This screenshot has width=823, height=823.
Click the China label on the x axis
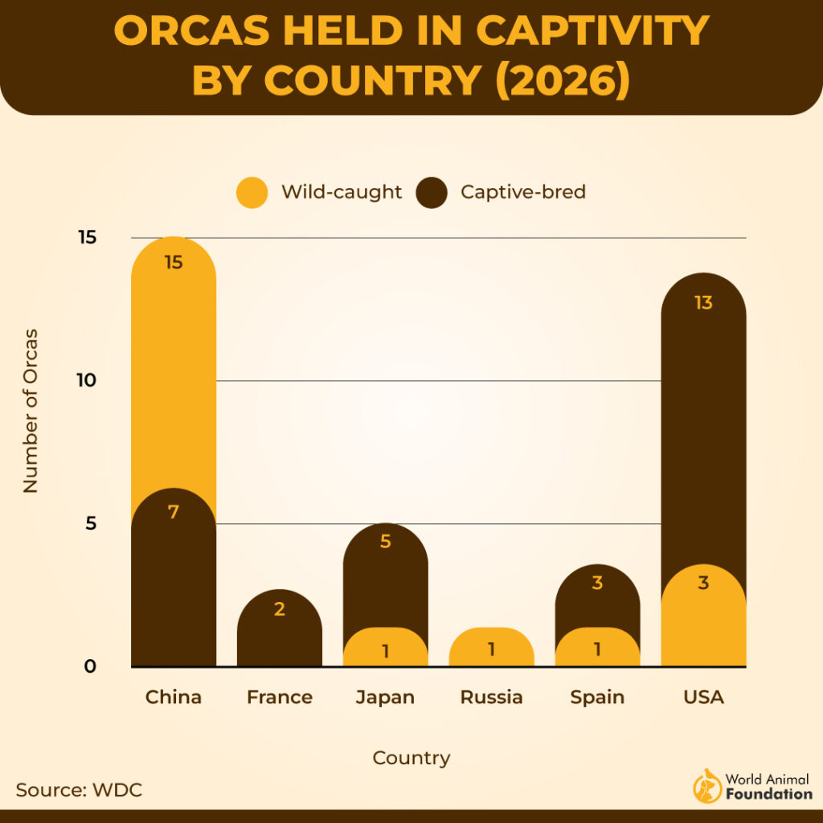pyautogui.click(x=173, y=697)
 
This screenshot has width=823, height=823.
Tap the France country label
pyautogui.click(x=279, y=697)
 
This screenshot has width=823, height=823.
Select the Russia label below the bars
pyautogui.click(x=491, y=697)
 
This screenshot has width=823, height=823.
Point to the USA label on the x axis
pyautogui.click(x=703, y=697)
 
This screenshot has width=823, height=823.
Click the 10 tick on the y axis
pyautogui.click(x=86, y=380)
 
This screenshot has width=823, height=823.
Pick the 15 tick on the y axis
pyautogui.click(x=86, y=238)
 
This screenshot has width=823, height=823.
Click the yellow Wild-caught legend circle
pyautogui.click(x=252, y=193)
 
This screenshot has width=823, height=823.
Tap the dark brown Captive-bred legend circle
pyautogui.click(x=432, y=193)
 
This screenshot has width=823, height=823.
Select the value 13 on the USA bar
pyautogui.click(x=703, y=303)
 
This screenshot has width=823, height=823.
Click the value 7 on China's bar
pyautogui.click(x=173, y=511)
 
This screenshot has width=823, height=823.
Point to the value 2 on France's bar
pyautogui.click(x=279, y=609)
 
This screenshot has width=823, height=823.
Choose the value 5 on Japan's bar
pyautogui.click(x=385, y=542)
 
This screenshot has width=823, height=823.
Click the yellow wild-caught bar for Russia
pyautogui.click(x=491, y=647)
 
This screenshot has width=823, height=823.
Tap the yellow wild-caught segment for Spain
pyautogui.click(x=597, y=647)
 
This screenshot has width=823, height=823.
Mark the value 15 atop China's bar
pyautogui.click(x=173, y=262)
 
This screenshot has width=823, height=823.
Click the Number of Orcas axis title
pyautogui.click(x=31, y=410)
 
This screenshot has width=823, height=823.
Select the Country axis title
pyautogui.click(x=411, y=758)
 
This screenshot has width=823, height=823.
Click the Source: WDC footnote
pyautogui.click(x=79, y=790)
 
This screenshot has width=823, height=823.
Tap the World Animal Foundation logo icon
pyautogui.click(x=707, y=786)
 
